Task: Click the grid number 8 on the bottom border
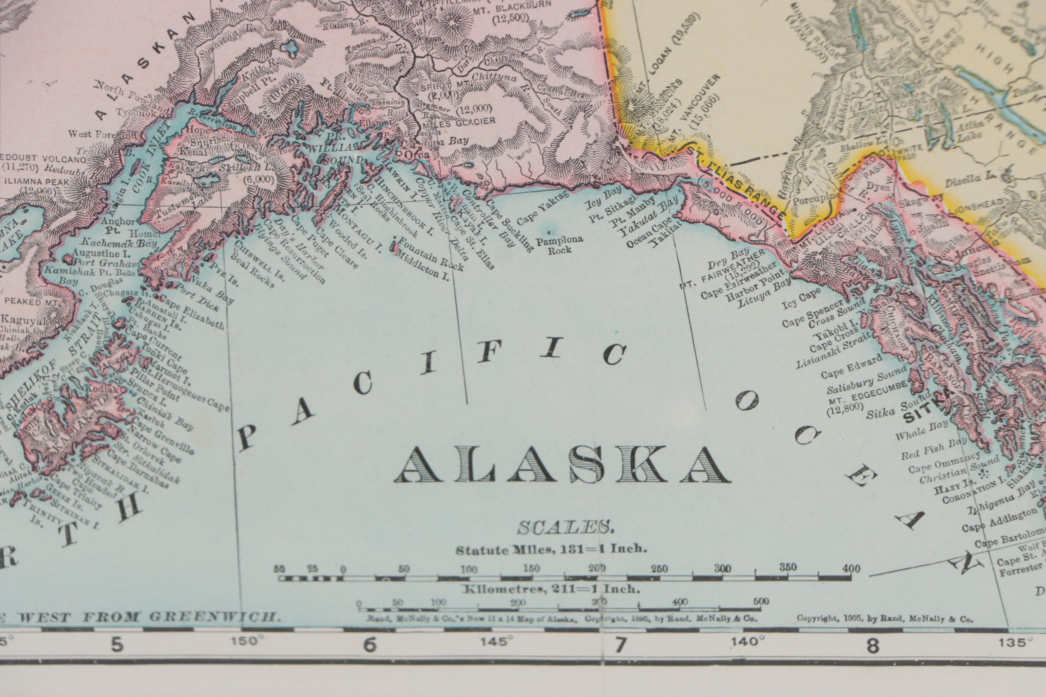click(x=873, y=646)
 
